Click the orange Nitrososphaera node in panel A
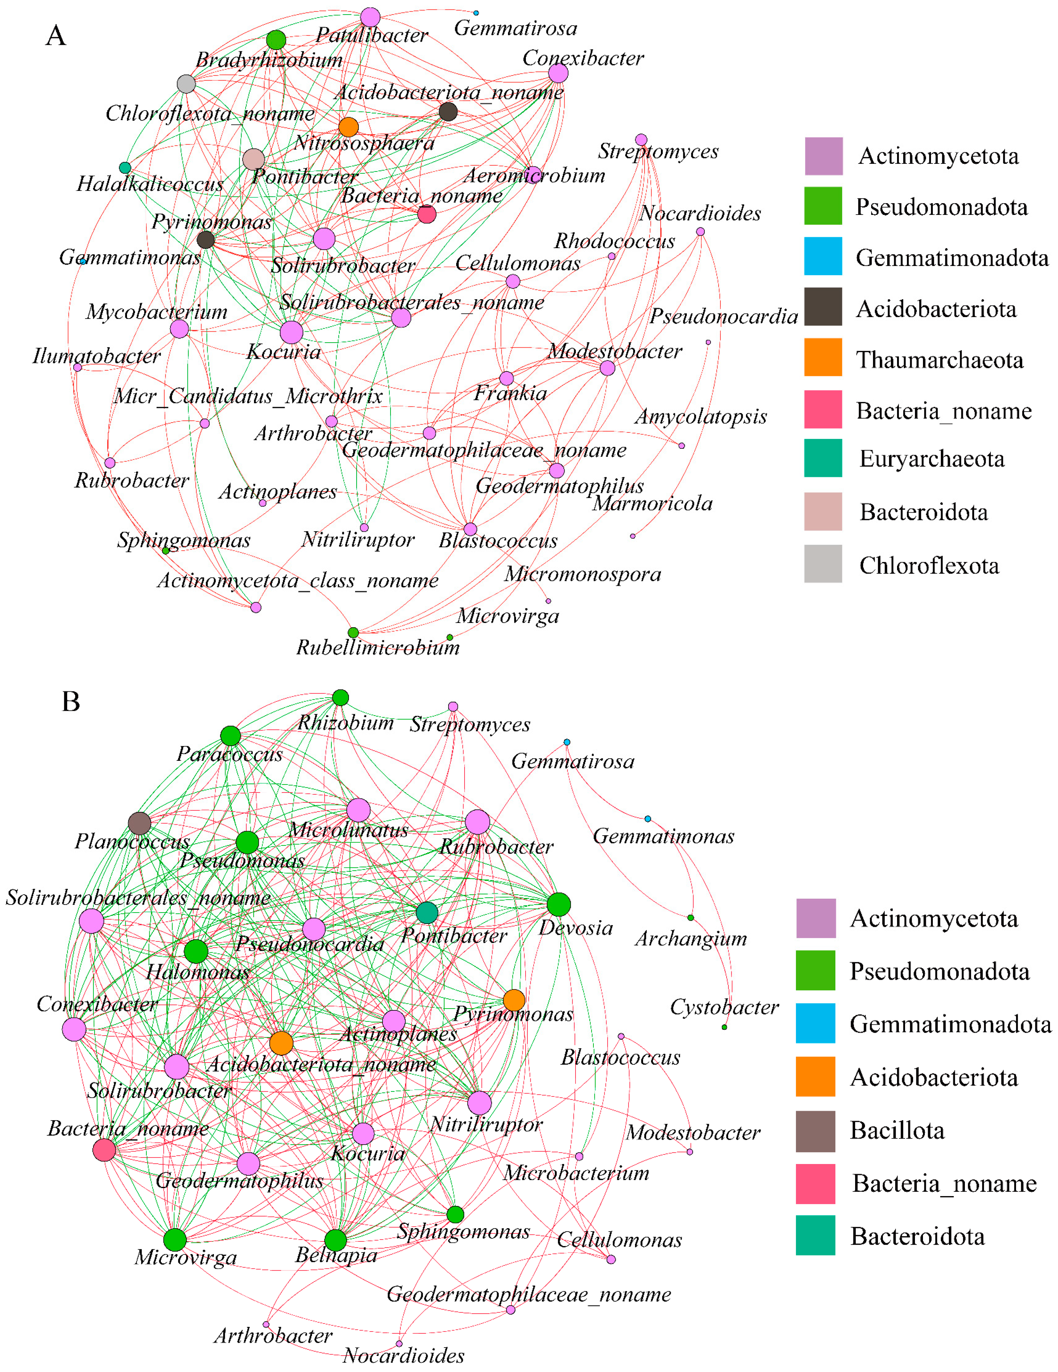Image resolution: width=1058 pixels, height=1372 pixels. click(348, 127)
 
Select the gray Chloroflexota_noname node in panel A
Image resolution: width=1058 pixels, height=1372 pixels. click(186, 84)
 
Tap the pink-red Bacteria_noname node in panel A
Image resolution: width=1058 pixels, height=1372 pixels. click(427, 214)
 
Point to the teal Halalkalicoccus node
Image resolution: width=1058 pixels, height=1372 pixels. click(125, 168)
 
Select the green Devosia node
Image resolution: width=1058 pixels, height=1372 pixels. click(558, 905)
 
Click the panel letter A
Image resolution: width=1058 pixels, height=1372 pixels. click(56, 36)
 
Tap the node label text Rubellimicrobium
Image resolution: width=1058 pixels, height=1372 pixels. click(378, 648)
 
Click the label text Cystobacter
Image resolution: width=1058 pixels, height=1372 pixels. click(724, 1007)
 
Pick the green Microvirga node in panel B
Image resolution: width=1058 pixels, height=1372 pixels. click(175, 1240)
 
